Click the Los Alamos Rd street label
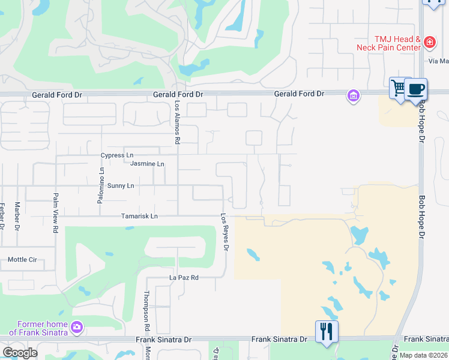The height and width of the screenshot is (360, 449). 178,122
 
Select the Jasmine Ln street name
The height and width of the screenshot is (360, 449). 147,164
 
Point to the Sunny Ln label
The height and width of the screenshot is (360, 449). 121,186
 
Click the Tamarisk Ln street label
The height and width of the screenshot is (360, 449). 139,216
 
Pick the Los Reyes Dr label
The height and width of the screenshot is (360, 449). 226,232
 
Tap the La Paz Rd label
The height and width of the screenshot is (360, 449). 183,278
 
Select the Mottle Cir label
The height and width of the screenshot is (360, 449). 22,260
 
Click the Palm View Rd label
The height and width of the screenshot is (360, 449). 55,212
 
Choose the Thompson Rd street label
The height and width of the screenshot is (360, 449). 146,311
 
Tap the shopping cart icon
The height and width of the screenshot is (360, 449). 399,88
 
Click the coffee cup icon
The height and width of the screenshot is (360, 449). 415,89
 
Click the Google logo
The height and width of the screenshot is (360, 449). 20,353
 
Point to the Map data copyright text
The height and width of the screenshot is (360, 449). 423,355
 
